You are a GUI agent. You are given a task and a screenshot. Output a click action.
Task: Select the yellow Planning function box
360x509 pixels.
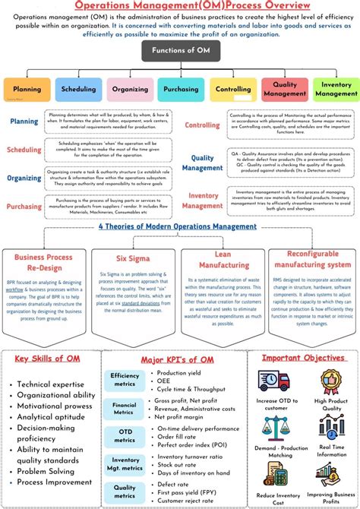(x=27, y=89)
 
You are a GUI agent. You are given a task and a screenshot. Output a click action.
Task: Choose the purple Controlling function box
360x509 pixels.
(x=232, y=89)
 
